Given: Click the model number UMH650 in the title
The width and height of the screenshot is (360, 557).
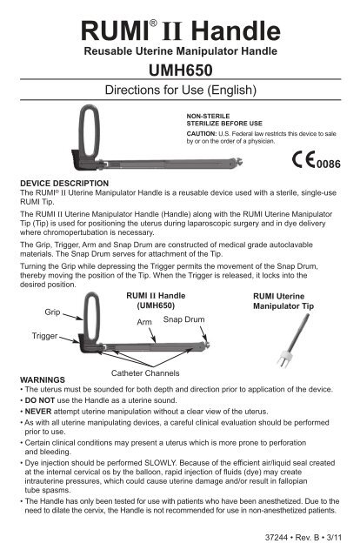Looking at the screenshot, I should point(179,70).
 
